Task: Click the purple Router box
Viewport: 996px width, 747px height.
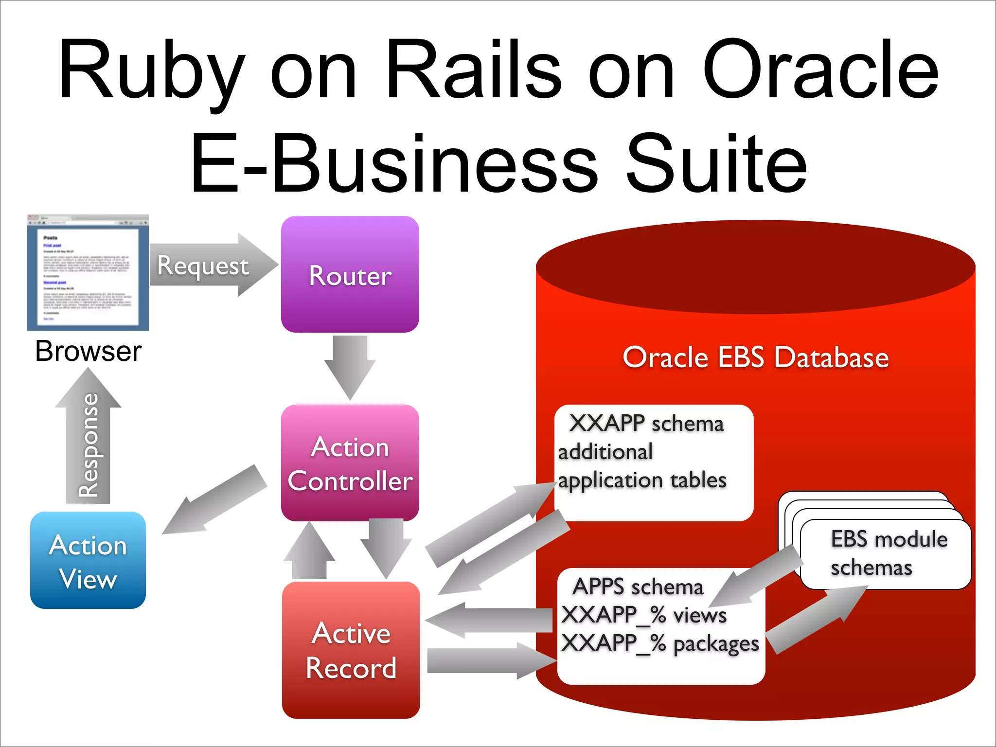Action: (350, 274)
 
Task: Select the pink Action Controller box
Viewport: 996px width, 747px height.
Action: (350, 462)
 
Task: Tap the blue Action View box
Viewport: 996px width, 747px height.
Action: (88, 560)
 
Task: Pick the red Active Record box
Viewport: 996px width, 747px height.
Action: (351, 650)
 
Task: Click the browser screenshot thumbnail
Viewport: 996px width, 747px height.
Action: (88, 273)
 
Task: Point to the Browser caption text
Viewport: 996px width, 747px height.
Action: (88, 351)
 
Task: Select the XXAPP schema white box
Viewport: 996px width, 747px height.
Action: (654, 462)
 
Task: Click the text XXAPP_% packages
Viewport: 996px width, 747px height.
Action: (660, 643)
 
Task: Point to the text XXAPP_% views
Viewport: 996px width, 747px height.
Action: (643, 615)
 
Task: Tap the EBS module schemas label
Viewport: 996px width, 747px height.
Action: (888, 553)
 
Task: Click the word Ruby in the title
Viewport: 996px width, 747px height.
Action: (151, 71)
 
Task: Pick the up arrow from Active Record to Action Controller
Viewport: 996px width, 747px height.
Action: (309, 552)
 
